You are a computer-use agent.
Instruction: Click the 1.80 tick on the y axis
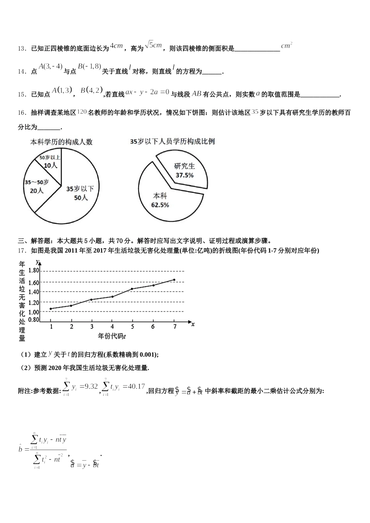point(34,270)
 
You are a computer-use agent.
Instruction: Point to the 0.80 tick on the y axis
point(34,319)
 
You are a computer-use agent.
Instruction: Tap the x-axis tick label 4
point(112,327)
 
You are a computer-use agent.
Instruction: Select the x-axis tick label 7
point(174,327)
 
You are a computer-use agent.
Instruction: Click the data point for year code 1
point(51,309)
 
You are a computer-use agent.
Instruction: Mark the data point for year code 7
point(174,280)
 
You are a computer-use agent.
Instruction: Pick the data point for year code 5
point(132,289)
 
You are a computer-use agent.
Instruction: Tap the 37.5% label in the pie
point(184,175)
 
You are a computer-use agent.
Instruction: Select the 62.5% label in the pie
point(160,205)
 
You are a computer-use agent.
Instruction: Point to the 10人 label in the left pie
point(50,165)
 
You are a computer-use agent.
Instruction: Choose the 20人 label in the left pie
point(37,191)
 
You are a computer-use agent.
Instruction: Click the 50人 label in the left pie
point(81,198)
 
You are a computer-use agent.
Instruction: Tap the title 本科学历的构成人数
point(62,142)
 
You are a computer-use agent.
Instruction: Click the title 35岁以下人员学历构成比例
point(172,142)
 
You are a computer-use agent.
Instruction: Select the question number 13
point(21,49)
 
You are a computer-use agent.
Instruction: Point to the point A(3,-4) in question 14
point(51,67)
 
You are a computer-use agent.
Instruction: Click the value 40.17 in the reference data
point(134,386)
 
